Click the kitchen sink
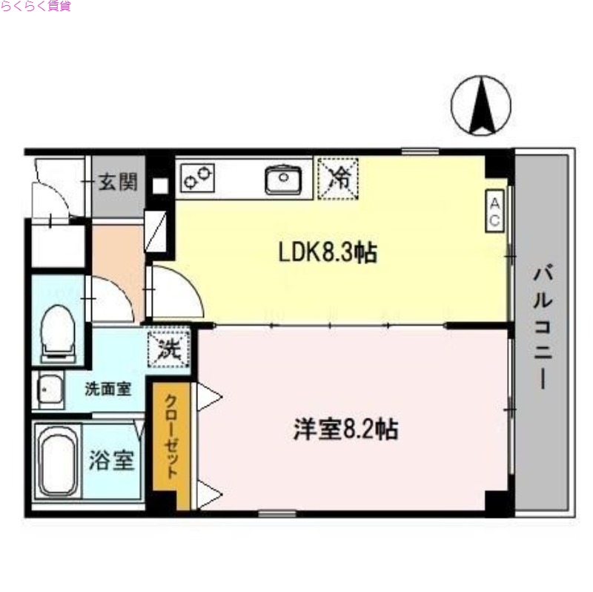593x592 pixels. coord(282,179)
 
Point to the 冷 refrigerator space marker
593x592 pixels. coord(338,179)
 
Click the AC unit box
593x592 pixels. coord(494,211)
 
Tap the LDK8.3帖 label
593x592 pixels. coord(328,253)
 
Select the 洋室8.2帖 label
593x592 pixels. coord(345,428)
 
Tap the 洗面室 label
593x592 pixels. coord(108,388)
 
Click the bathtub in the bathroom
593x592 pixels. coord(58,461)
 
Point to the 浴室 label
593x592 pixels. coord(112,461)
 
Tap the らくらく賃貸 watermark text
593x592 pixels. coord(36,7)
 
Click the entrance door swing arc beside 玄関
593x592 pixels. coord(50,198)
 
